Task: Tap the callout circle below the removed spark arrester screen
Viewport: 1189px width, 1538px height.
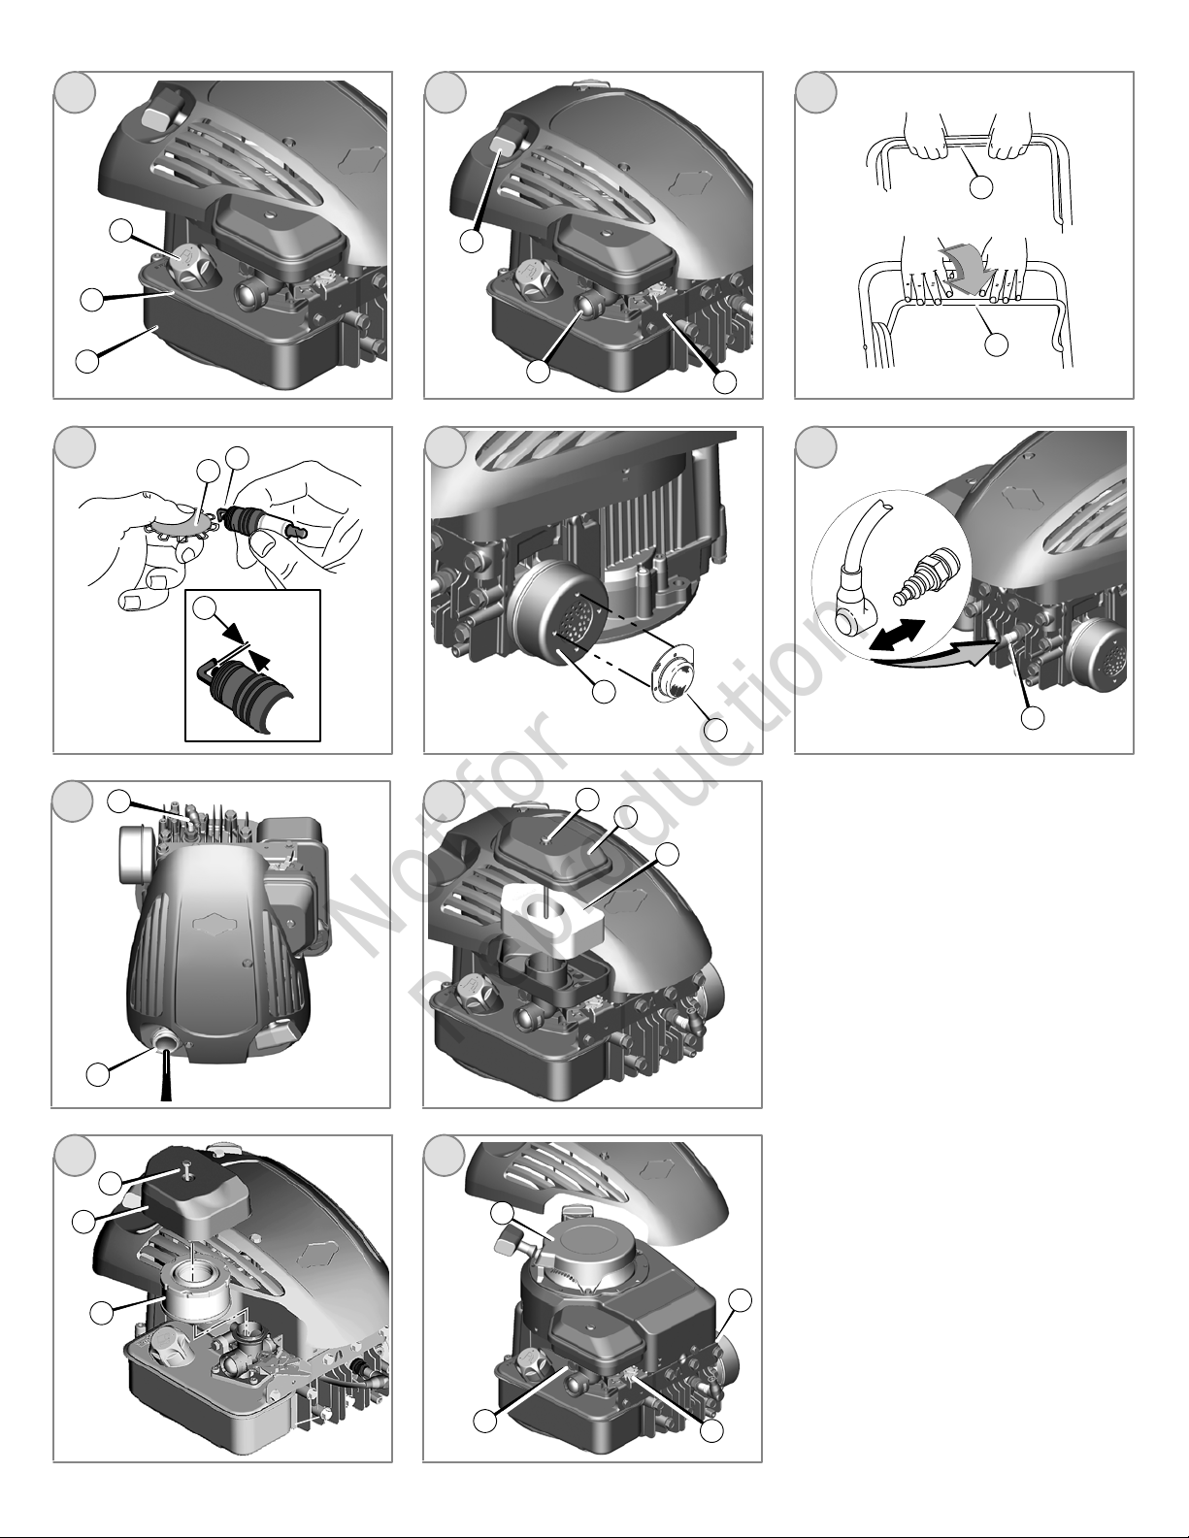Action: tap(716, 730)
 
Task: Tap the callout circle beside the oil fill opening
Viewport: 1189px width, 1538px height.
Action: tap(97, 1074)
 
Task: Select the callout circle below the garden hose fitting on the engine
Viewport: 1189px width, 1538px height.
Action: tap(1035, 718)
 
